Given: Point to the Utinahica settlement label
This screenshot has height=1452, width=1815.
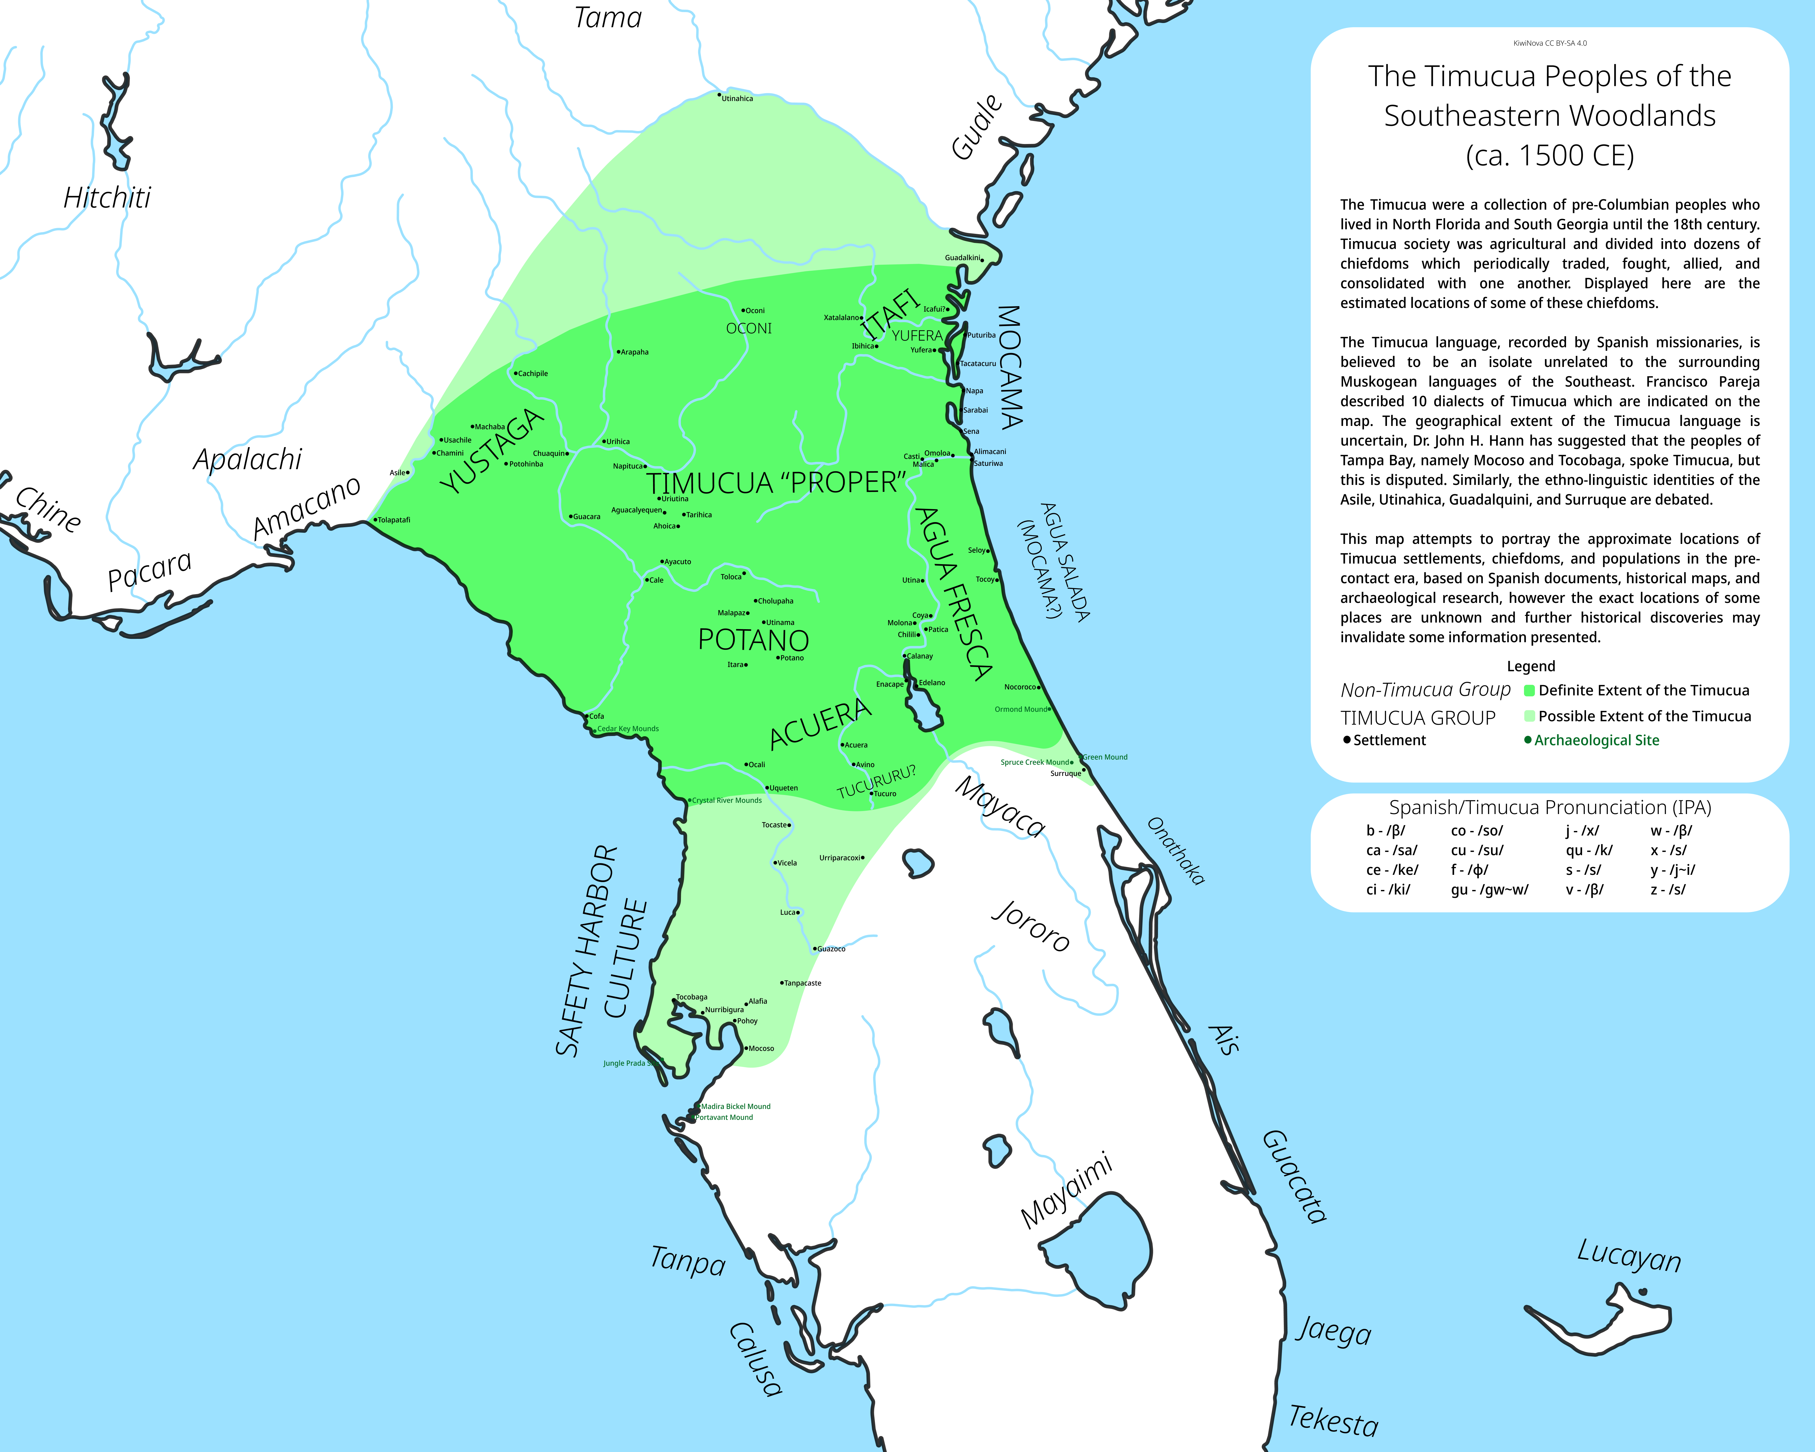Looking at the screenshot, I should [x=737, y=99].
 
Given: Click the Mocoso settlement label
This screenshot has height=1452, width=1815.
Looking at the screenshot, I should [x=761, y=1049].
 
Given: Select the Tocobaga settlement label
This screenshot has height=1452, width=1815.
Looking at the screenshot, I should [x=692, y=997].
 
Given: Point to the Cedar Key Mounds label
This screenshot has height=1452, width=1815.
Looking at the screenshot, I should [x=628, y=729].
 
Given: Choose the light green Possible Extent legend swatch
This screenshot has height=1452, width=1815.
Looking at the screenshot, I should [x=1530, y=716].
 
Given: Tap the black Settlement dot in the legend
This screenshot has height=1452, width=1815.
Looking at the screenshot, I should [x=1347, y=740].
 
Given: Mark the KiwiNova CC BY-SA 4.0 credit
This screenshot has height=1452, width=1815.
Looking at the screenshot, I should [x=1550, y=43].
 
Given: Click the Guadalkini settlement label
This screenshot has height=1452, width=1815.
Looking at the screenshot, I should [x=962, y=257].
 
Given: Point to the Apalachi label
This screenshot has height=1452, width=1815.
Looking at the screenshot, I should [x=247, y=459].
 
